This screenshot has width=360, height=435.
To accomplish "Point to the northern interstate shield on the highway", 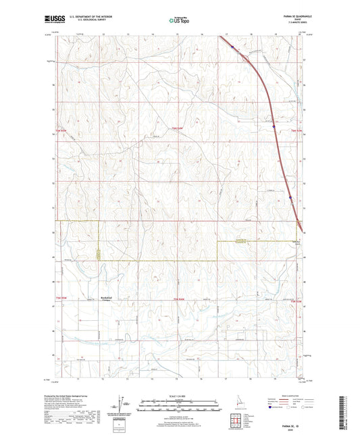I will (231, 47).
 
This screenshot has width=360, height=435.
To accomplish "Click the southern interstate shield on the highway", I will (291, 198).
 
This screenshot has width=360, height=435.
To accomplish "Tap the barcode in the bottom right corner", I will (349, 412).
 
